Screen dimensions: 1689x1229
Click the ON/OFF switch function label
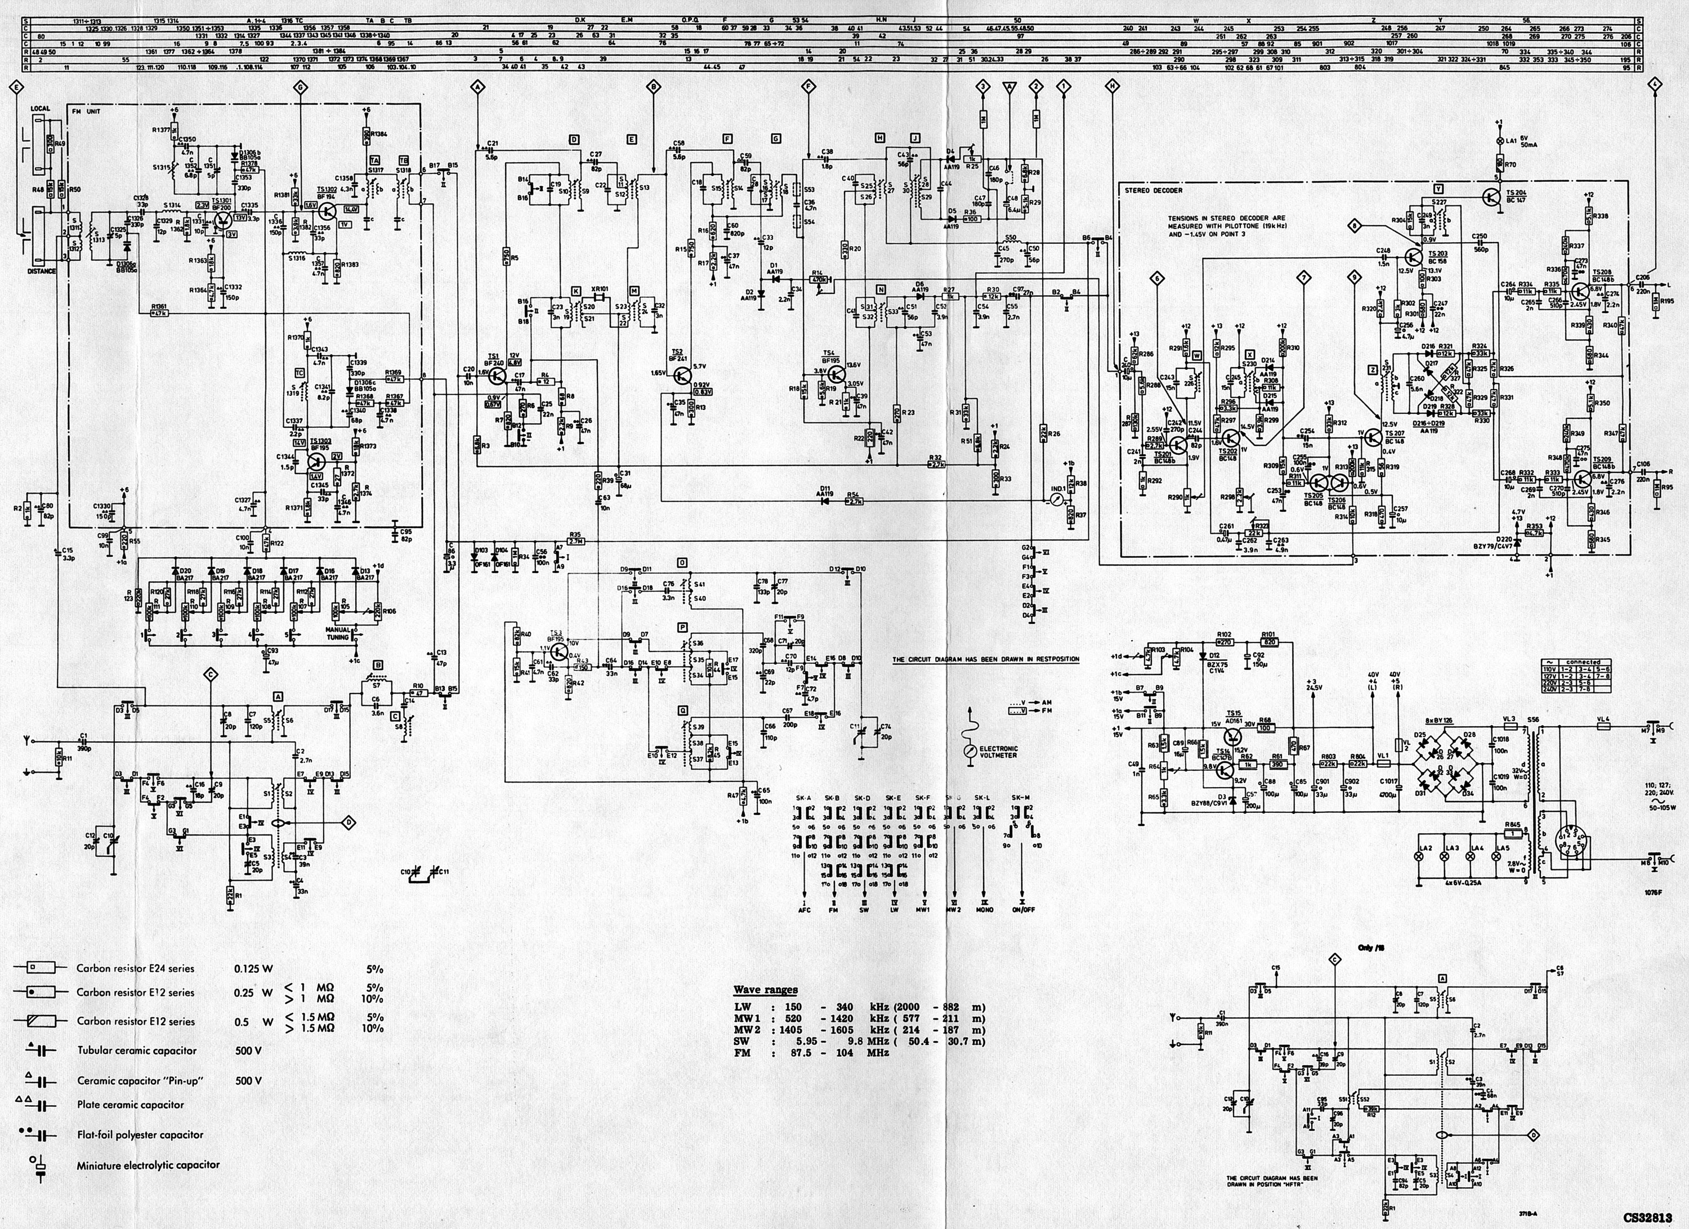[x=1022, y=909]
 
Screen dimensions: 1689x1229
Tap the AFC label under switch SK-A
[x=805, y=909]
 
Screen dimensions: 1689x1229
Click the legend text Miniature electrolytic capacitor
[x=148, y=1164]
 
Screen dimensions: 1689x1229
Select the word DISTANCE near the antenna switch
[x=42, y=271]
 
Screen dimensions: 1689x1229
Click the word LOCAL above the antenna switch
[x=40, y=109]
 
